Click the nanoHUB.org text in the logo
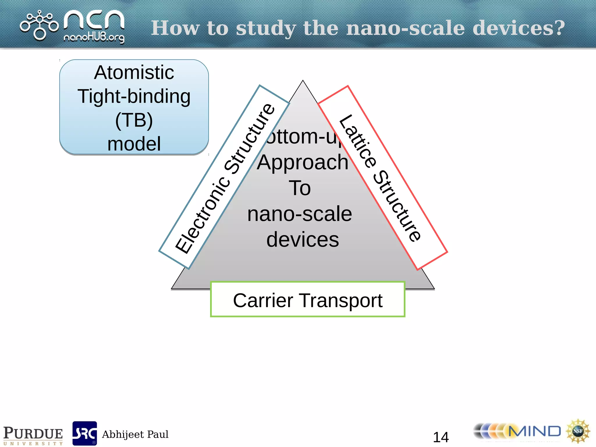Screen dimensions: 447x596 point(94,38)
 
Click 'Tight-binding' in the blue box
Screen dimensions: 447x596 point(134,96)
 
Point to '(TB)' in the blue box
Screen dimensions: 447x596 point(134,120)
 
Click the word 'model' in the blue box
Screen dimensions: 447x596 point(134,144)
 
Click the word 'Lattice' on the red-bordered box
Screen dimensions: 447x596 point(358,141)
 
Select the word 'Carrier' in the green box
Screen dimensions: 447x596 point(263,300)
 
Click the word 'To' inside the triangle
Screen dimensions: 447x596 point(300,188)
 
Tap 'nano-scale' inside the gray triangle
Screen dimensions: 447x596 point(300,214)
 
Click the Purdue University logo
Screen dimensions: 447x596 point(33,435)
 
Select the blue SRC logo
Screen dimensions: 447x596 point(85,433)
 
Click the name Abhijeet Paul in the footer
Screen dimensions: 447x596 point(135,434)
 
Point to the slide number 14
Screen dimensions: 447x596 point(441,437)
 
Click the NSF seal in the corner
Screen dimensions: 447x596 point(578,431)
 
